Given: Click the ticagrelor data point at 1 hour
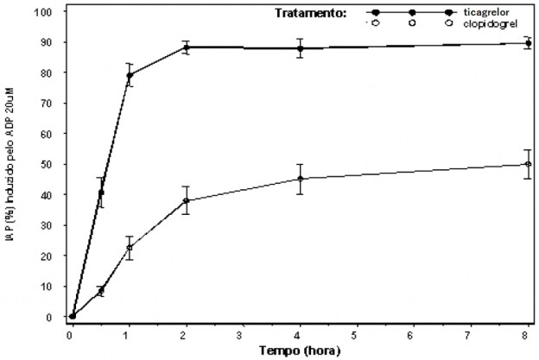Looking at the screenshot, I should [130, 75].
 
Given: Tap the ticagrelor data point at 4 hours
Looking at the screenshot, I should [300, 48].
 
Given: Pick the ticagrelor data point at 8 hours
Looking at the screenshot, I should [528, 43].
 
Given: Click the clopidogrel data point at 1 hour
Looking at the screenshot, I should [130, 248].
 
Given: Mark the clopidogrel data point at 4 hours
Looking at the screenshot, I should [300, 179].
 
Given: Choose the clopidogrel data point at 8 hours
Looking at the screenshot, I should [528, 164].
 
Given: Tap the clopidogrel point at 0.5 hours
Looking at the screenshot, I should [101, 291].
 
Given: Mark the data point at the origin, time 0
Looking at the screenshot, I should [73, 316].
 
